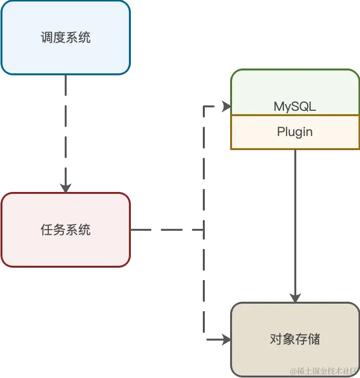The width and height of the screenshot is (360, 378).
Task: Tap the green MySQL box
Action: tap(295, 93)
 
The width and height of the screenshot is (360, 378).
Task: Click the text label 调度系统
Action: tap(66, 38)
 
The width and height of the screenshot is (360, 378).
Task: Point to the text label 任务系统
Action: tap(66, 230)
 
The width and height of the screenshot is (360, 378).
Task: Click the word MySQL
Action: tap(295, 106)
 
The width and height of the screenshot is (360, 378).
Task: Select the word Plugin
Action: tap(295, 132)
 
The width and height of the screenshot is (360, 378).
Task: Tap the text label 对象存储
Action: tap(295, 339)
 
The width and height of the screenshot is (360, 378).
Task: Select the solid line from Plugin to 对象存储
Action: tap(295, 219)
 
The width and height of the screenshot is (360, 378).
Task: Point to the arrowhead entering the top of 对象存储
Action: tap(295, 296)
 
